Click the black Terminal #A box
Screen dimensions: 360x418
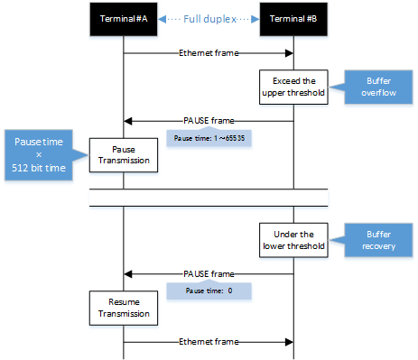pyautogui.click(x=123, y=19)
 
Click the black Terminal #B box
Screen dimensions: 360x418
pyautogui.click(x=293, y=19)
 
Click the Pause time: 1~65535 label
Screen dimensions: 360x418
pyautogui.click(x=208, y=139)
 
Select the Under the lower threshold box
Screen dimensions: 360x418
pyautogui.click(x=293, y=238)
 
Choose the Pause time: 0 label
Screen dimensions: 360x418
pyautogui.click(x=208, y=291)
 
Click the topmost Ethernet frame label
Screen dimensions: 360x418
pyautogui.click(x=208, y=53)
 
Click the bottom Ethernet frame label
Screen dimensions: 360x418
pyautogui.click(x=208, y=342)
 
